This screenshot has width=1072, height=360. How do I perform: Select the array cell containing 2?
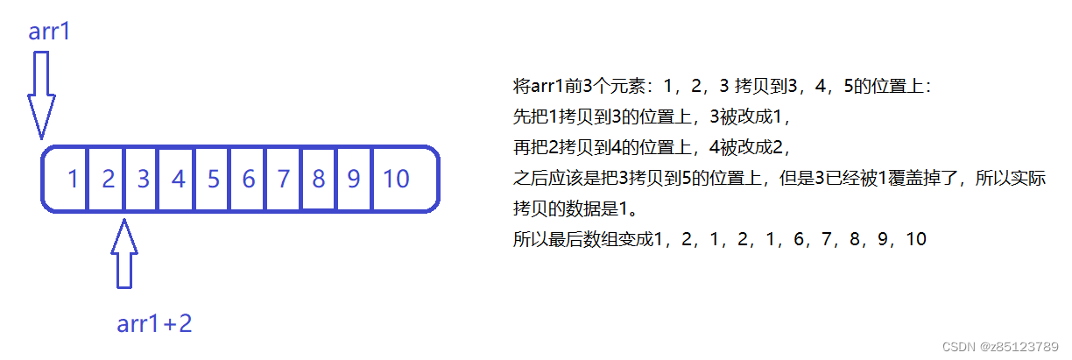click(x=107, y=180)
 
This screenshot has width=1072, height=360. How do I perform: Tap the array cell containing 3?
click(x=142, y=180)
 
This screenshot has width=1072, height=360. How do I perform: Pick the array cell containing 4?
click(x=177, y=180)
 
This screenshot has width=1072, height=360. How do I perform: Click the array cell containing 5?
click(x=212, y=180)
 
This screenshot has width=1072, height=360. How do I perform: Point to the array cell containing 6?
click(x=247, y=180)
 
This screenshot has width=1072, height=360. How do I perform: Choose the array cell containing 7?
click(x=283, y=180)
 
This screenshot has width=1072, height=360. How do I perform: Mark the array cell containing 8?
click(x=318, y=180)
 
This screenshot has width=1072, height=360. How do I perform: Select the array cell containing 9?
click(x=353, y=180)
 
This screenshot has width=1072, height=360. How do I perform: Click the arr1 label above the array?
click(x=49, y=32)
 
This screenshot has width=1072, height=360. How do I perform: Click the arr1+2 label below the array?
click(x=154, y=324)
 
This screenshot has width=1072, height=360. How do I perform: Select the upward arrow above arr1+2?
click(x=125, y=254)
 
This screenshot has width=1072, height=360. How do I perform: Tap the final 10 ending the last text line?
click(x=916, y=238)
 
